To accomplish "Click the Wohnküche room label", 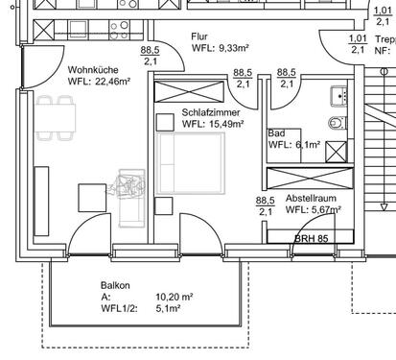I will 93,70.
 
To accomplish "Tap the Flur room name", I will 199,36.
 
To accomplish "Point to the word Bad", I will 277,133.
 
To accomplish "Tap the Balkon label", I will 115,286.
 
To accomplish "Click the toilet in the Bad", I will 335,122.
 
